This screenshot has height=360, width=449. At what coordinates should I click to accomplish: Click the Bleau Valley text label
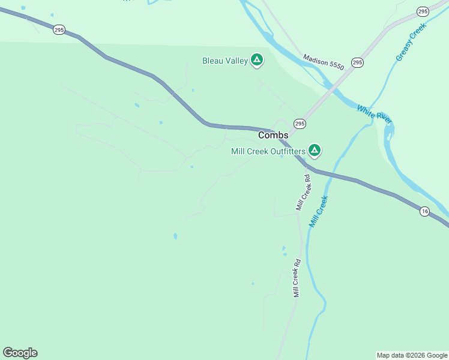pyautogui.click(x=225, y=61)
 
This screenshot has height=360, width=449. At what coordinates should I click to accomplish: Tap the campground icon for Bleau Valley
pyautogui.click(x=256, y=59)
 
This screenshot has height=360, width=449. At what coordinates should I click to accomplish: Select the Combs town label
pyautogui.click(x=273, y=136)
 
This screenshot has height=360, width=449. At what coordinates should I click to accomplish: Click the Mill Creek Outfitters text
pyautogui.click(x=268, y=151)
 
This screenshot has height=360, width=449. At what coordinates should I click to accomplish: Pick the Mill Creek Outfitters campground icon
pyautogui.click(x=314, y=150)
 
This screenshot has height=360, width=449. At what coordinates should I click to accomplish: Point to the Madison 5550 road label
pyautogui.click(x=324, y=62)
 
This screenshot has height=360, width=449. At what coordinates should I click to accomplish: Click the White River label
pyautogui.click(x=375, y=114)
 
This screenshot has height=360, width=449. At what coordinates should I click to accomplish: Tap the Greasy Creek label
pyautogui.click(x=411, y=42)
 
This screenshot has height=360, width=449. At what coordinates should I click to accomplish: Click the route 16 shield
pyautogui.click(x=424, y=211)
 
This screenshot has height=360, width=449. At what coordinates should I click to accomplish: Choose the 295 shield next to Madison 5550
pyautogui.click(x=357, y=62)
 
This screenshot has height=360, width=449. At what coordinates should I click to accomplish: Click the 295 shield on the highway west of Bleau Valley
pyautogui.click(x=59, y=29)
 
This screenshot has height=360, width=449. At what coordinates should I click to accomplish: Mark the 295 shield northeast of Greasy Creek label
pyautogui.click(x=423, y=11)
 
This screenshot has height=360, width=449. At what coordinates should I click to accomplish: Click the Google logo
pyautogui.click(x=20, y=353)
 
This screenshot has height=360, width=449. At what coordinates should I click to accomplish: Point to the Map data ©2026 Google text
pyautogui.click(x=412, y=355)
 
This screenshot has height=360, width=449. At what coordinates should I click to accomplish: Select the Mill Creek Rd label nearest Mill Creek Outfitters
pyautogui.click(x=303, y=192)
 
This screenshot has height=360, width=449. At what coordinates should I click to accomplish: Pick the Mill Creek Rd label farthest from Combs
pyautogui.click(x=297, y=278)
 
